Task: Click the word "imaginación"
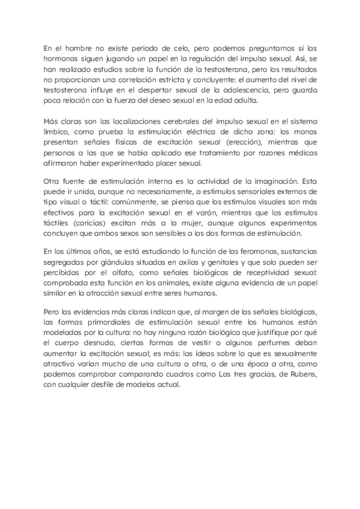(269, 180)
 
